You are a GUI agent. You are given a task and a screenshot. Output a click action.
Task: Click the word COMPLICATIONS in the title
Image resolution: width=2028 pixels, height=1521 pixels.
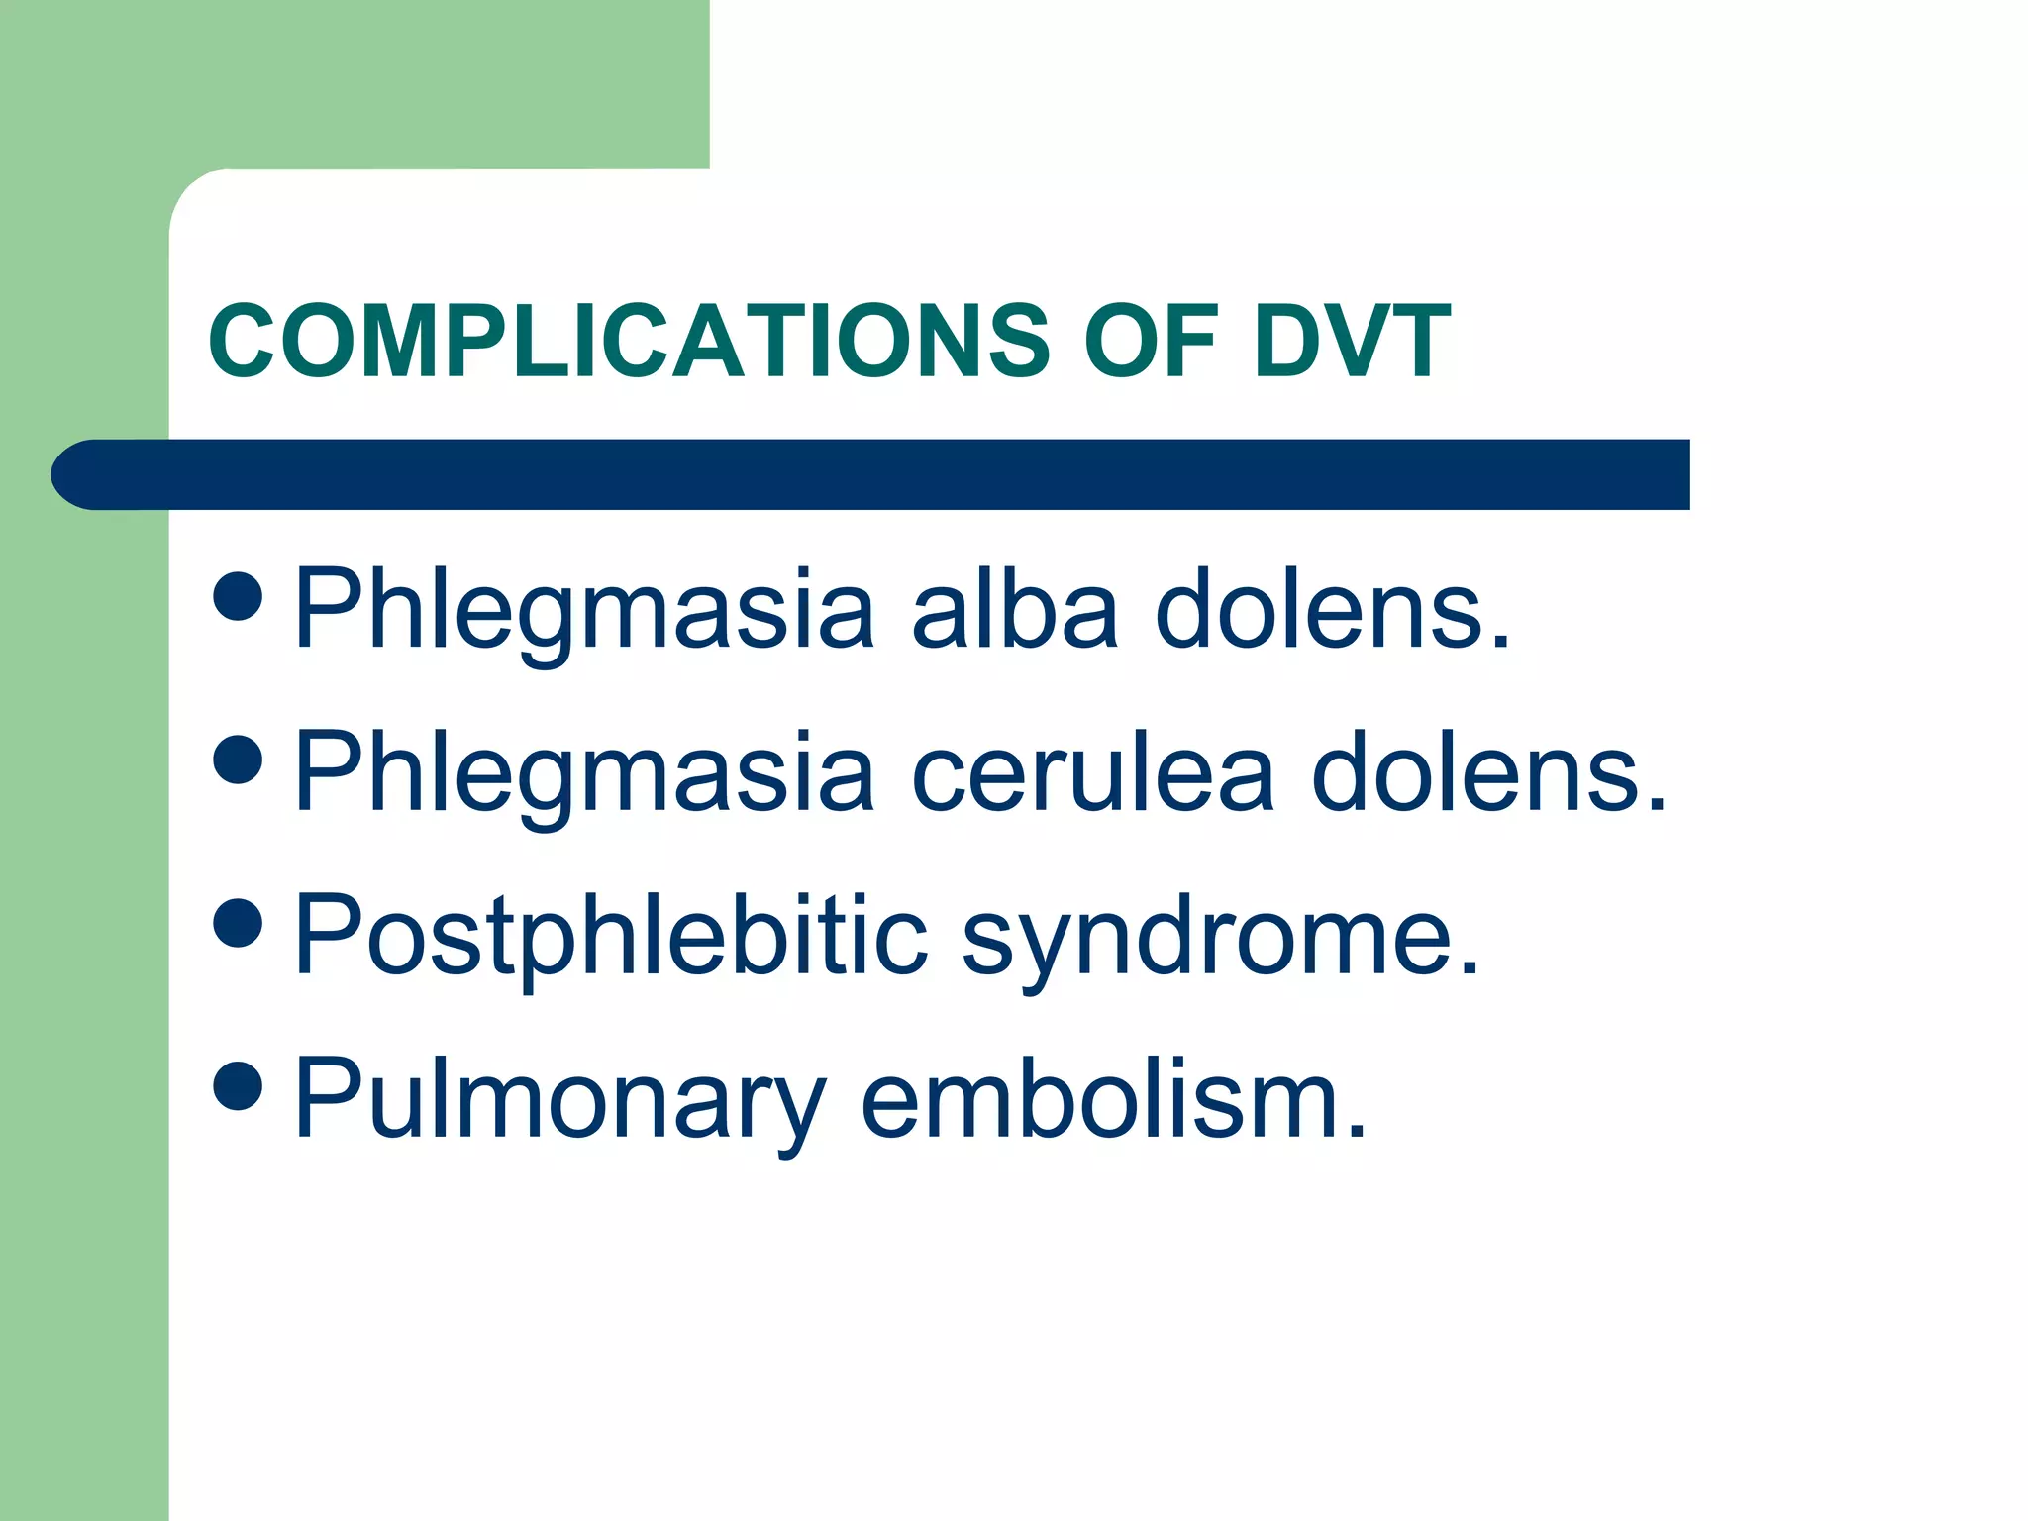[x=628, y=341]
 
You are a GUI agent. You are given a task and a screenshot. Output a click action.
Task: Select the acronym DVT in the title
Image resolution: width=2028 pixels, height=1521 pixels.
[x=1352, y=341]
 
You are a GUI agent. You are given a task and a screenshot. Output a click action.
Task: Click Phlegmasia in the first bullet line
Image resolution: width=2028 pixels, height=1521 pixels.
[x=584, y=612]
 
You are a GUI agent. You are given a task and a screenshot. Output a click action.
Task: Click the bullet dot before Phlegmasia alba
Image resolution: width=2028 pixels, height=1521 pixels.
[x=238, y=595]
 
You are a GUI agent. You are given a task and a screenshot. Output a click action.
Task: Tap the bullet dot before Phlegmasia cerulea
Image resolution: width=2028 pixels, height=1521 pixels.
[x=238, y=759]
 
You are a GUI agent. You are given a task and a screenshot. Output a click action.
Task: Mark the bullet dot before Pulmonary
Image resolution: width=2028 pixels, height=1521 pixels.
[x=238, y=1085]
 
